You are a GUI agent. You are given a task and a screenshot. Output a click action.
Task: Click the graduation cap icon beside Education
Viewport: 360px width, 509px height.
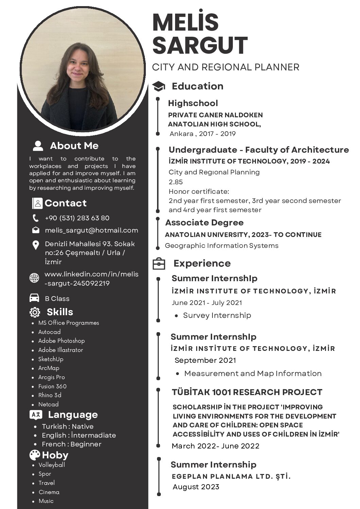[158, 86]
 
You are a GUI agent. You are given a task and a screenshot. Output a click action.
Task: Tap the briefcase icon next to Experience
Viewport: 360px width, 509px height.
[159, 264]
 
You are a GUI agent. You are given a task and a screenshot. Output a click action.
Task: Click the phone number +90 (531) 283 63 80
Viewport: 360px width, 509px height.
[77, 218]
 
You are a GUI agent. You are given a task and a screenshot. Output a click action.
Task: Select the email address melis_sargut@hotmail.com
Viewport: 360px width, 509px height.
[91, 230]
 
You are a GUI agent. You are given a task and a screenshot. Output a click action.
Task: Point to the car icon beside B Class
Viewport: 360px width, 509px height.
[34, 298]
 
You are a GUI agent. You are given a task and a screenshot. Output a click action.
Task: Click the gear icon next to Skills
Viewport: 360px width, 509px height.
[35, 312]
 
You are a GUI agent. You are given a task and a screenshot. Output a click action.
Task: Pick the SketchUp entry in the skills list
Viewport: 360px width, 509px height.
[51, 359]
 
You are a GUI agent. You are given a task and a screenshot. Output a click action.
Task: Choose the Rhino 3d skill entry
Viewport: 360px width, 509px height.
[50, 395]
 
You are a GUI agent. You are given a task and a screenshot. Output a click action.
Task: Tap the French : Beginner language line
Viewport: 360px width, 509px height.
[71, 444]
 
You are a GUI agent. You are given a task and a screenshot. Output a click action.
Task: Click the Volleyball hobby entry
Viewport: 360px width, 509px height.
[52, 465]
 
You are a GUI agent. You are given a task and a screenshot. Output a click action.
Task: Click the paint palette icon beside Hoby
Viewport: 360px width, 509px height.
[35, 455]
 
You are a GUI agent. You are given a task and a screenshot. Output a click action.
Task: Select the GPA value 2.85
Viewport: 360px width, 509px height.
[176, 182]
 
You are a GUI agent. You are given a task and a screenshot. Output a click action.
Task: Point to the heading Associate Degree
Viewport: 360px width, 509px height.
[204, 223]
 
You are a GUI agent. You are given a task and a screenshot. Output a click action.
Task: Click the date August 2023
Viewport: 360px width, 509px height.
[196, 487]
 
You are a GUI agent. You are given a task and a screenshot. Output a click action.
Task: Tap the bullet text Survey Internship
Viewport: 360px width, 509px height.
[217, 316]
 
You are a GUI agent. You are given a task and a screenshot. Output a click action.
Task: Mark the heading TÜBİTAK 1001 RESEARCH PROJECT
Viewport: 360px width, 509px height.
[247, 392]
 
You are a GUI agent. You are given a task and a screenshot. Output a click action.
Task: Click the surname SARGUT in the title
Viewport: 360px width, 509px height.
[200, 46]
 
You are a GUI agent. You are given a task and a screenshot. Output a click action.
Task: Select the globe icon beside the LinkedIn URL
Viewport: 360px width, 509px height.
[34, 278]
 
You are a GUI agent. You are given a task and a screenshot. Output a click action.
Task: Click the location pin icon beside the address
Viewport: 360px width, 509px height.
[35, 245]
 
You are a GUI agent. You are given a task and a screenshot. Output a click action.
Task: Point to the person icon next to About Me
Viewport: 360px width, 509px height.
[38, 146]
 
